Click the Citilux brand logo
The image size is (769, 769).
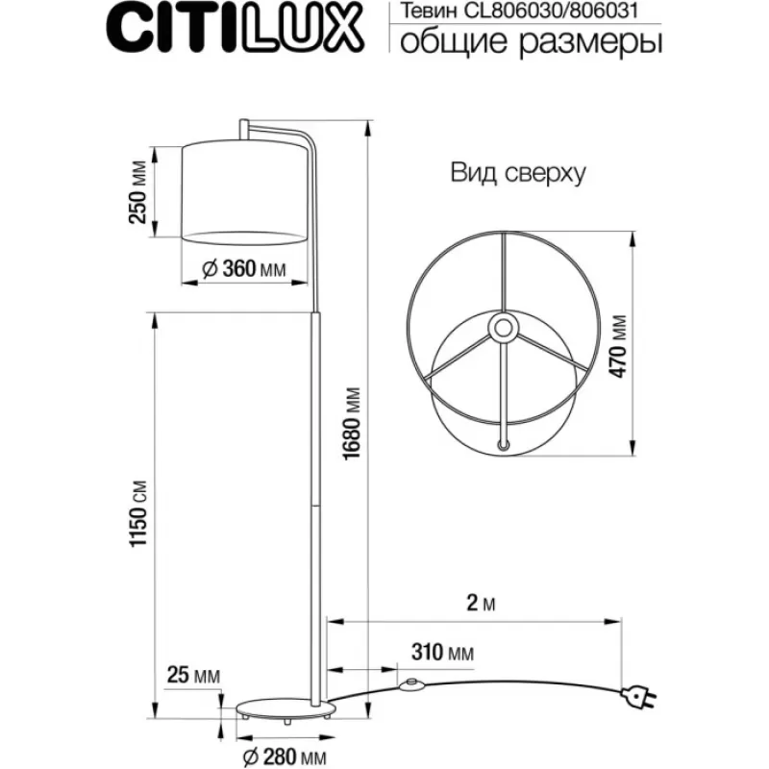coord(235,28)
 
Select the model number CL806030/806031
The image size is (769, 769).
coord(551,11)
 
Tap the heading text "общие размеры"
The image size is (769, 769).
coord(531,41)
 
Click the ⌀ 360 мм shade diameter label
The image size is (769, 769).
coord(244,268)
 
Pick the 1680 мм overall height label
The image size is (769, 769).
coord(352,424)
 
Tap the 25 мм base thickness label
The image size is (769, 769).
coord(193,676)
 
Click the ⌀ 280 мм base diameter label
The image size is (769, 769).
coord(285,757)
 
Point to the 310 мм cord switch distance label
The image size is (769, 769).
coord(442,653)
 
